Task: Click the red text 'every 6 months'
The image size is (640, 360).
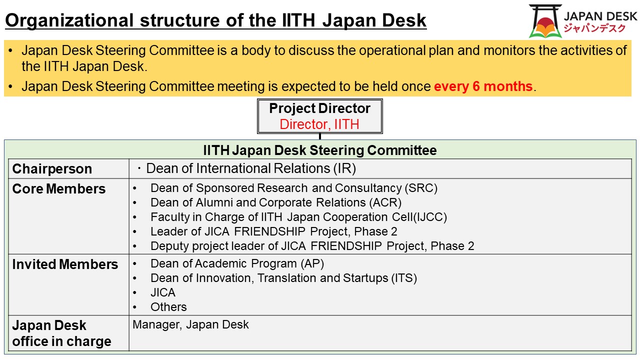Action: (x=483, y=86)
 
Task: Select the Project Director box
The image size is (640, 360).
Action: (x=319, y=116)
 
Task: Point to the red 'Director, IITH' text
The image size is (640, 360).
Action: (x=319, y=124)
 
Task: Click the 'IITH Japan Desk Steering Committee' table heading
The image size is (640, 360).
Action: (x=319, y=150)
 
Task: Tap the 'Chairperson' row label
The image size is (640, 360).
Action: (x=52, y=169)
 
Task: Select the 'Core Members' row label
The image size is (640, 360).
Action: (x=59, y=189)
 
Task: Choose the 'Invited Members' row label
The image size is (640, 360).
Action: (x=65, y=264)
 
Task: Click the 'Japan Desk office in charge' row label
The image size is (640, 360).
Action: (x=61, y=333)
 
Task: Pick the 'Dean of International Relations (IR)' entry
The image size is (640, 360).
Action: (x=250, y=168)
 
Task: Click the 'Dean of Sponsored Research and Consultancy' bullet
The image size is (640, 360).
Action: (x=293, y=188)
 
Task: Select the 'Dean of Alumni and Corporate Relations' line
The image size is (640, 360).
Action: (x=275, y=202)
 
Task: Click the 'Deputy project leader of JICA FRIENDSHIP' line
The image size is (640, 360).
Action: (x=312, y=246)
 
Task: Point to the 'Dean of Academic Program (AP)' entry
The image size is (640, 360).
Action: (x=237, y=263)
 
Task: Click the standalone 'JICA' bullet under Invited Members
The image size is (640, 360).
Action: (x=163, y=292)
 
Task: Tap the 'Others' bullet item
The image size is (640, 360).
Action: (x=168, y=307)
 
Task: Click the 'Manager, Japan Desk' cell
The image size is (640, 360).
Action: (x=190, y=325)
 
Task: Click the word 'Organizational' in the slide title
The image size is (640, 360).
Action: (x=68, y=20)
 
